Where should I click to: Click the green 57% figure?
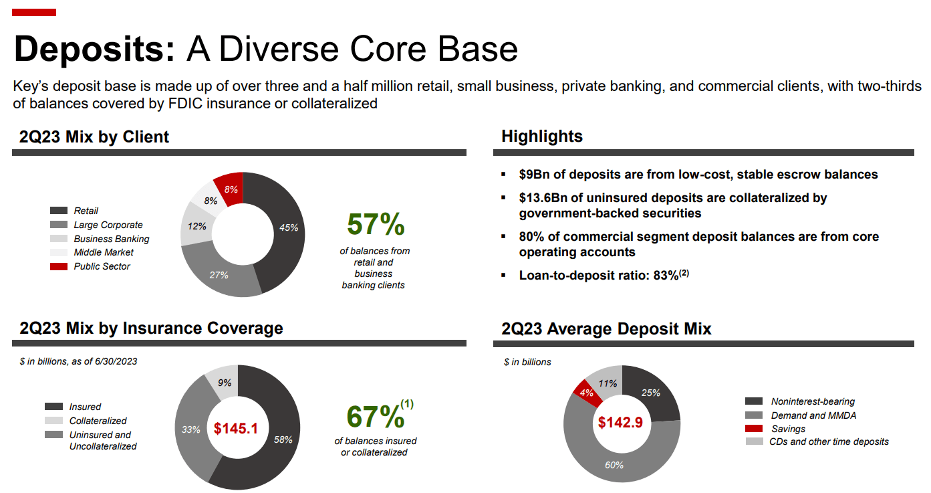click(x=376, y=225)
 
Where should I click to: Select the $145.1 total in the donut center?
click(x=236, y=428)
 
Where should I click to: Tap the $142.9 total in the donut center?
click(x=621, y=423)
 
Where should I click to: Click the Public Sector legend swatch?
click(x=59, y=267)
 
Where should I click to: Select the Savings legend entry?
click(x=788, y=429)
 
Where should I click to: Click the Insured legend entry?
click(x=85, y=407)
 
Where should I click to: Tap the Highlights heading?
click(x=542, y=136)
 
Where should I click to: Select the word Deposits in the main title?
click(x=94, y=49)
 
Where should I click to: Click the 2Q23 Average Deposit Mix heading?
click(x=606, y=328)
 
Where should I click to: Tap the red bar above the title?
click(x=34, y=12)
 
